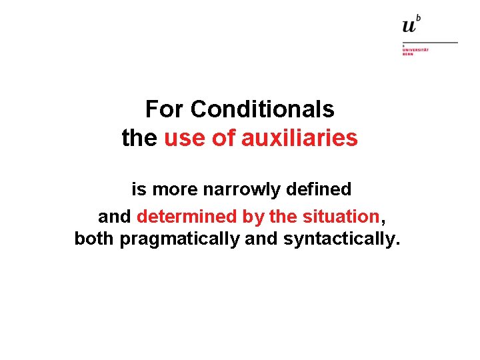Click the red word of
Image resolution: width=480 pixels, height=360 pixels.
point(221,138)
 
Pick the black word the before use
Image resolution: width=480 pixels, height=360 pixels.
point(139,138)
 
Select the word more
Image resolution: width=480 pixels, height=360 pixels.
point(175,189)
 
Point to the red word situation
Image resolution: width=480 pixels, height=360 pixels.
point(340,217)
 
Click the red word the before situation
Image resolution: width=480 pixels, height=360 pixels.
point(283,217)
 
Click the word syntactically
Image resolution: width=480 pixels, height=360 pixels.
point(342,239)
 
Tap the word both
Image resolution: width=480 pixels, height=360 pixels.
point(95,239)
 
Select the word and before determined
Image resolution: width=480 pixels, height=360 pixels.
point(115,217)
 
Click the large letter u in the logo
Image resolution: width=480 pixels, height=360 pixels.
point(409,26)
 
